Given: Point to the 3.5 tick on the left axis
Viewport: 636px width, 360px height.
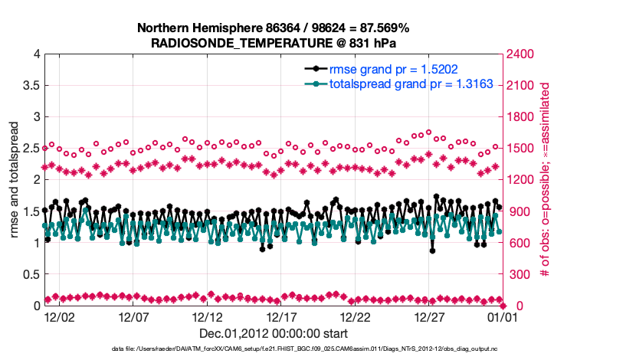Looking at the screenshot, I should point(28,85).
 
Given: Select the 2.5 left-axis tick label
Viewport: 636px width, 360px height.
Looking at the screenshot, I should point(28,148).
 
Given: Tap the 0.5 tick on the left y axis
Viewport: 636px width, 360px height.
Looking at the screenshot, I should point(28,274).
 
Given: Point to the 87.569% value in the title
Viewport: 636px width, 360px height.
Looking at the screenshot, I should point(383,28).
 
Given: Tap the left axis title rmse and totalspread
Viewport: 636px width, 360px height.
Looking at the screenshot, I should point(15,180).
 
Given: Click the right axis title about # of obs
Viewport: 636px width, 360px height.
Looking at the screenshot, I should point(546,180).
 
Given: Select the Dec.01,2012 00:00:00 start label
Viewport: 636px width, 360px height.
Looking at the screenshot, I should point(274,333).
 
